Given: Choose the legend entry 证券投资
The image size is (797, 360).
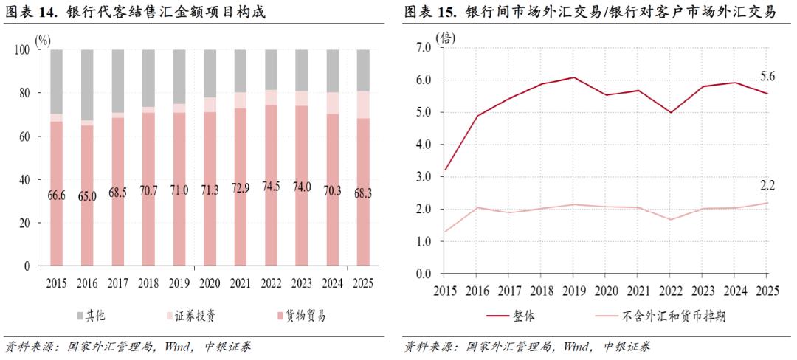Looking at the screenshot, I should tap(196, 316).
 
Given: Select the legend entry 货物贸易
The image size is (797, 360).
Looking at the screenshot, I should tap(303, 316).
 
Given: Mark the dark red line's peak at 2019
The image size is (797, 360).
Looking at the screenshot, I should tap(573, 77).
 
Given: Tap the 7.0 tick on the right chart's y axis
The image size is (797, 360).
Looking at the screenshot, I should tap(423, 47).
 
